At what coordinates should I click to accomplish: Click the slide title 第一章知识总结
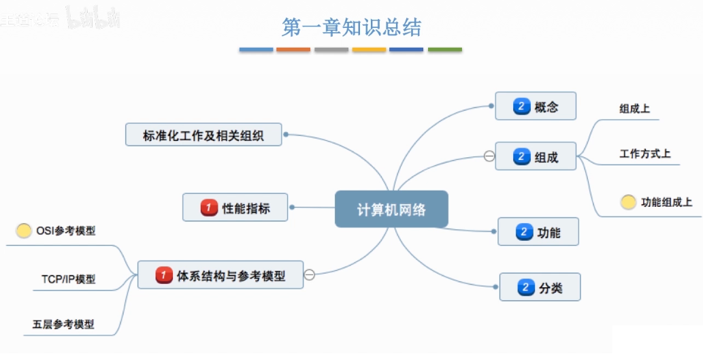click(351, 27)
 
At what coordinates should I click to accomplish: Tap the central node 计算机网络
click(391, 209)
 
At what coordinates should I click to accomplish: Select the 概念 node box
click(535, 106)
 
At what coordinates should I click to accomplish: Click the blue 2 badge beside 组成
click(521, 157)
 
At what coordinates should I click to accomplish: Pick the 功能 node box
click(538, 232)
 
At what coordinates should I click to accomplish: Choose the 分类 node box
click(540, 287)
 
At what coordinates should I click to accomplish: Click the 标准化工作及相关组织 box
click(203, 135)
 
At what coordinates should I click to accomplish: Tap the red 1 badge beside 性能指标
click(209, 208)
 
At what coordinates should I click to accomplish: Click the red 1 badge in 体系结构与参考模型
click(163, 276)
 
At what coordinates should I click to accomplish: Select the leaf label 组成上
click(634, 109)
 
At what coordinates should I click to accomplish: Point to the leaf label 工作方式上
click(644, 154)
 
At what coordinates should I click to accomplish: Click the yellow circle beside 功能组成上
click(628, 202)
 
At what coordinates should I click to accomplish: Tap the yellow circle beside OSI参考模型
click(24, 231)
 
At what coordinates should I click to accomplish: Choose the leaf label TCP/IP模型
click(68, 279)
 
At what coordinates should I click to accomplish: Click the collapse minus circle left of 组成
click(489, 157)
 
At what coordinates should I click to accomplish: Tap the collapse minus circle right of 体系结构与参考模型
click(309, 275)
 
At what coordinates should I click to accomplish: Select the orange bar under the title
click(293, 50)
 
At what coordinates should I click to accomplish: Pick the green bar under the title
click(444, 50)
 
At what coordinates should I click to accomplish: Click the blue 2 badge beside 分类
click(525, 288)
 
